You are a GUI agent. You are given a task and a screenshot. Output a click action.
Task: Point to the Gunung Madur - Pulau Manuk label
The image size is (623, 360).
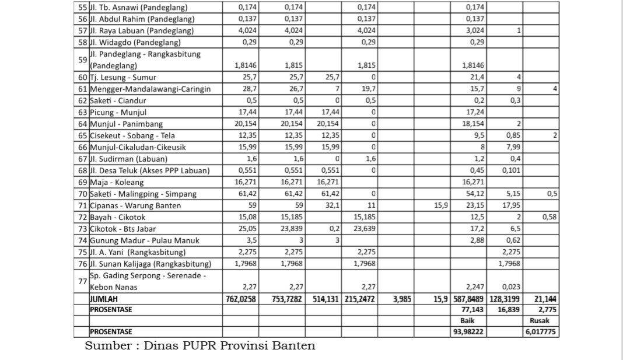[x=144, y=240]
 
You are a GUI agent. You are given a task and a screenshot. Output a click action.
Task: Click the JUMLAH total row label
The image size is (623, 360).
[x=104, y=299]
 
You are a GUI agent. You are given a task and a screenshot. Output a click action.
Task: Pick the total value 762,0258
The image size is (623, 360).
[x=242, y=299]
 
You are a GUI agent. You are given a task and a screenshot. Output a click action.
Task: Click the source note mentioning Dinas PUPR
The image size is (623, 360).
[x=200, y=345]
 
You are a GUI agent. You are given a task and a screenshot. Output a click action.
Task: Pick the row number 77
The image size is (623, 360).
[x=81, y=281]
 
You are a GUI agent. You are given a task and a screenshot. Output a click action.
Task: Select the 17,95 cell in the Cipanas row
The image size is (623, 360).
[x=511, y=205]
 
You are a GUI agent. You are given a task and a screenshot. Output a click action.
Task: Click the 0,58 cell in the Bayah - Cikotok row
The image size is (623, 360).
[x=548, y=217]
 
